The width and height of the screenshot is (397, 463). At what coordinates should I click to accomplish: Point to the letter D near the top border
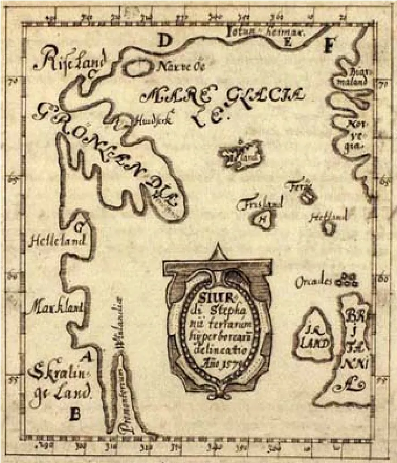point(164,41)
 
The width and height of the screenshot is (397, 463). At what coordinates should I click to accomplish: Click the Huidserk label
point(150,120)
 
